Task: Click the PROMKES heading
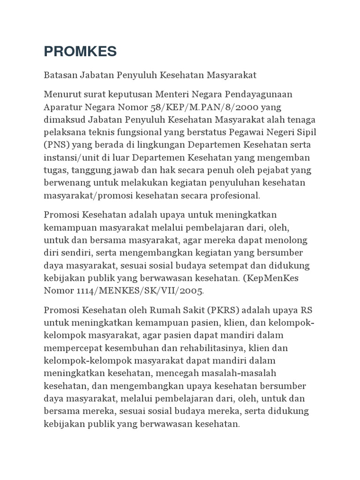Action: (80, 52)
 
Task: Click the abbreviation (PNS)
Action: (55, 145)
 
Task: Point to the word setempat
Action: (238, 265)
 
